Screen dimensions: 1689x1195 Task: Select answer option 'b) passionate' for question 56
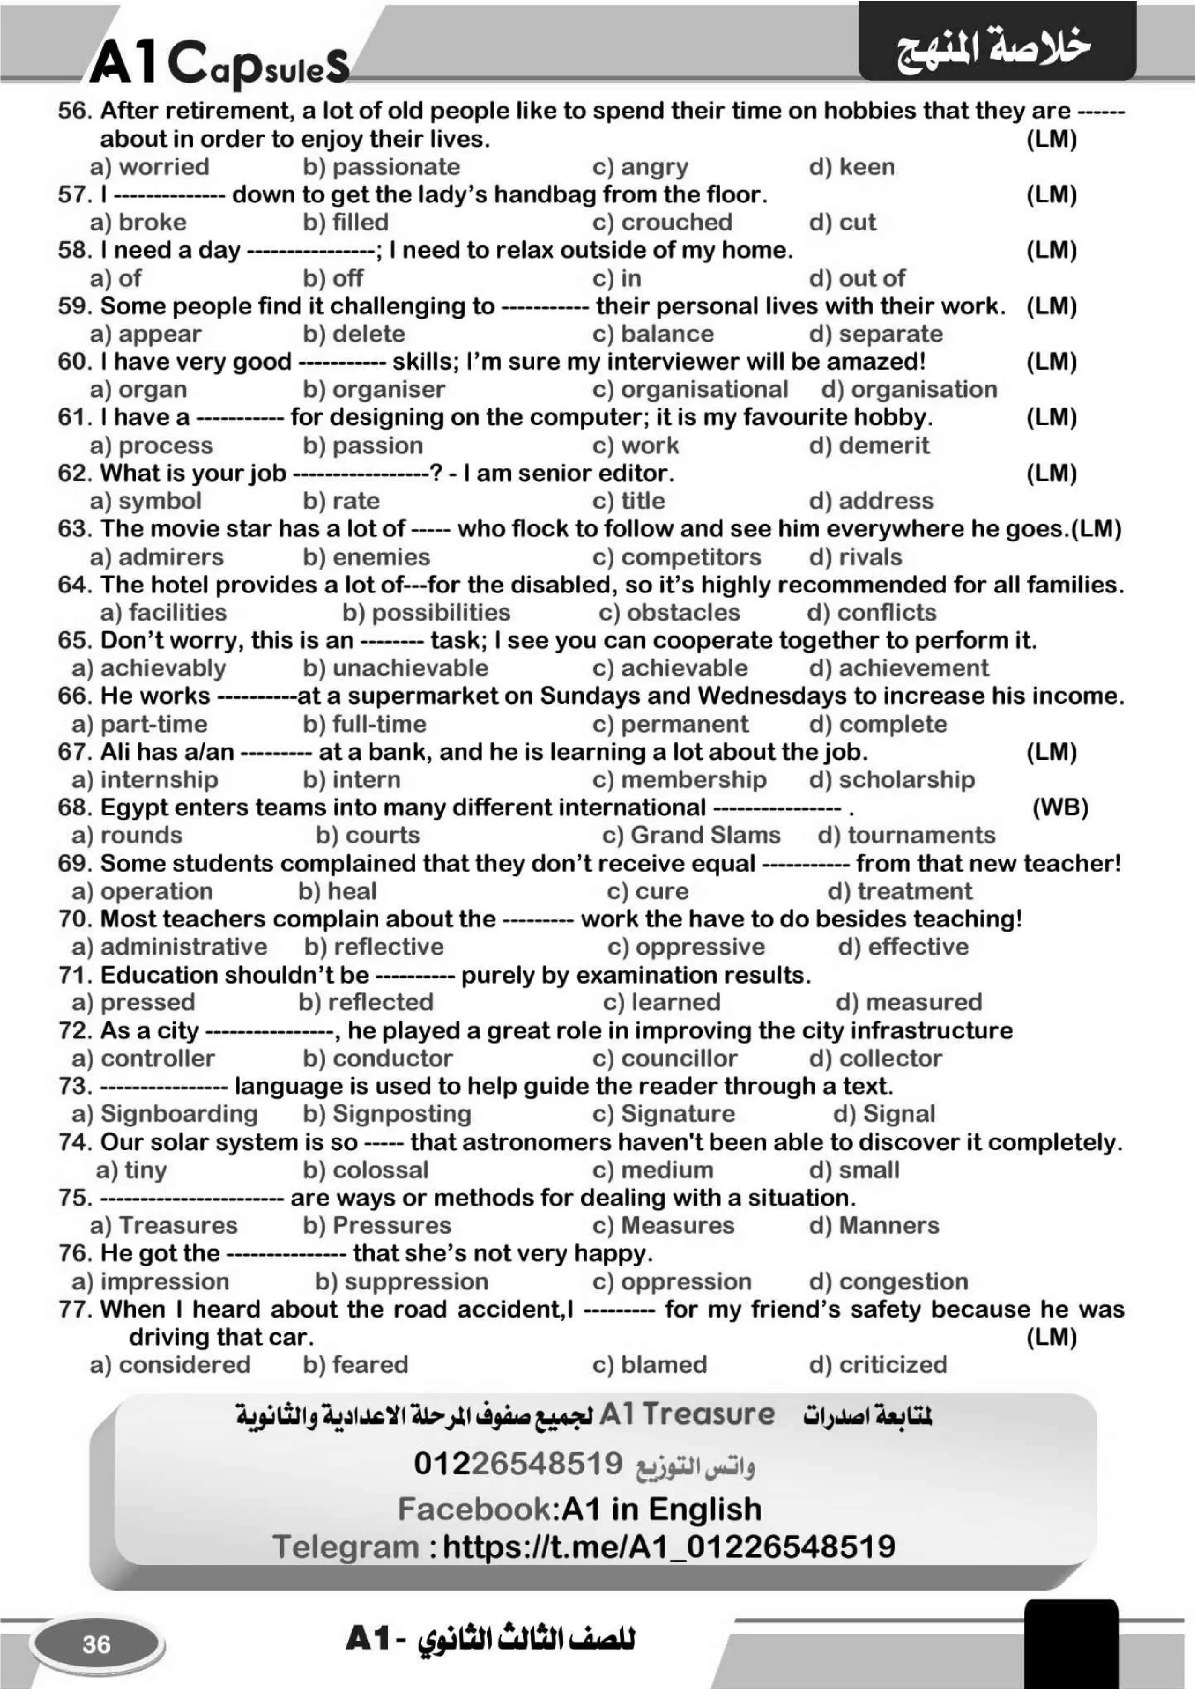coord(381,167)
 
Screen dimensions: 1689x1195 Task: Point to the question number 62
coord(74,473)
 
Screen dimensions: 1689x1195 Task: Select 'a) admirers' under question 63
coord(156,557)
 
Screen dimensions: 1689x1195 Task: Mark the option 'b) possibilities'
coord(426,613)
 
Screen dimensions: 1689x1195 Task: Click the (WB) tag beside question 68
coord(1060,808)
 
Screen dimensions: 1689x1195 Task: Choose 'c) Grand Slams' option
coord(691,836)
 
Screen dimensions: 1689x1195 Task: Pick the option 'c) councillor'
coord(665,1059)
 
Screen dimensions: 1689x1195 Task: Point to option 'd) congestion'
coord(888,1282)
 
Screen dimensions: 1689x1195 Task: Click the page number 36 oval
coord(96,1644)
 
